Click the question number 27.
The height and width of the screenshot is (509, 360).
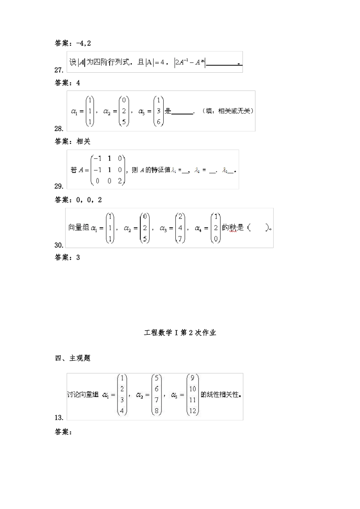(59, 70)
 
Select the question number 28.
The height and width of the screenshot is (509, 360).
(59, 128)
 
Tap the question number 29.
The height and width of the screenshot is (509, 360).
(59, 186)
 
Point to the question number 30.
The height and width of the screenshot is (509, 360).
(59, 245)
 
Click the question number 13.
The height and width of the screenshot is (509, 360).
(59, 418)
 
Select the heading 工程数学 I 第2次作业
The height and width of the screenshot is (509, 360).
(180, 333)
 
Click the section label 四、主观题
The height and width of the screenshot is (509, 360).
(73, 358)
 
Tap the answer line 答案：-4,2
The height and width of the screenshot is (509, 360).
(73, 43)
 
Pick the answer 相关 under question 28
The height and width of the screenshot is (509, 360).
(84, 142)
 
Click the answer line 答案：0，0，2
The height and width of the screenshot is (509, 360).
(78, 200)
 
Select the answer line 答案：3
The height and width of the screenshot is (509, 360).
(67, 258)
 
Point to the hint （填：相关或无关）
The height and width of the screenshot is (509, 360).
(228, 111)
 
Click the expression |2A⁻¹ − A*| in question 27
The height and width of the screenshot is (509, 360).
(189, 62)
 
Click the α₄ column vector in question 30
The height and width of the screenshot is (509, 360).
(215, 228)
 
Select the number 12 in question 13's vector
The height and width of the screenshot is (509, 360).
(193, 411)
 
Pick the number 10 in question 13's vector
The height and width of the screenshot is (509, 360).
(193, 389)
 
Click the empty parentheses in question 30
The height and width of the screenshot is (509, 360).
(258, 228)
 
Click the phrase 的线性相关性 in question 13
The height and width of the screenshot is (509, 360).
(221, 394)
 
